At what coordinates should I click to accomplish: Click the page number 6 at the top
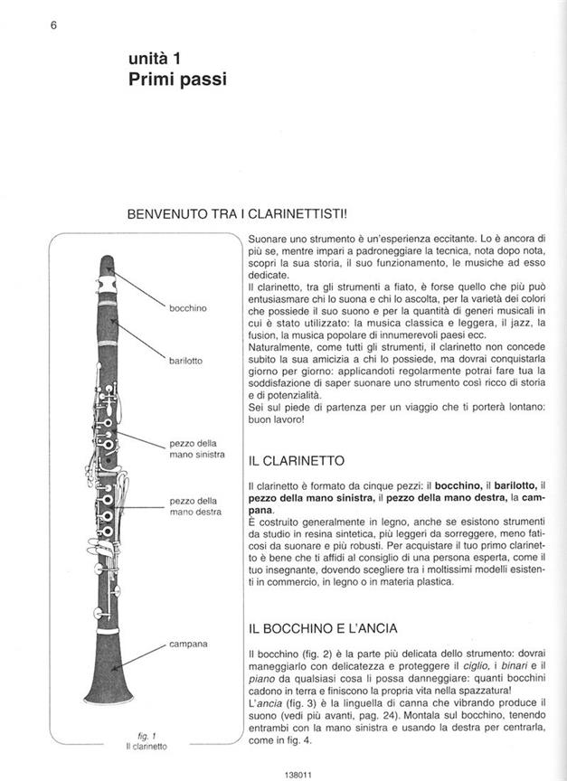point(53,25)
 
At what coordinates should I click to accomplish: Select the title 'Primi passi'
point(177,80)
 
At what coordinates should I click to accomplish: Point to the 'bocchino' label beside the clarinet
point(187,308)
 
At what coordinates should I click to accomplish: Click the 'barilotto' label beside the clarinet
point(185,361)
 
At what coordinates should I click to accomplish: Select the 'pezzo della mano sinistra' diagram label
point(196,448)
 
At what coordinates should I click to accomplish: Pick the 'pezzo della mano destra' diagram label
point(194,506)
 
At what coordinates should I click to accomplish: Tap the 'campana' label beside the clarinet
point(188,644)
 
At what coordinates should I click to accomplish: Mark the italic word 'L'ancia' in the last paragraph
point(263,702)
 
